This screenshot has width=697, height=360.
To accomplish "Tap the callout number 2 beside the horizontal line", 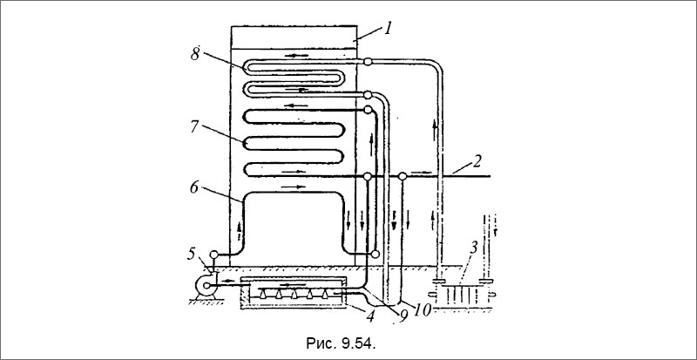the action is tap(476, 161).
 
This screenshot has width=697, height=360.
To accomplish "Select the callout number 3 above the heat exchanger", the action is tap(475, 248).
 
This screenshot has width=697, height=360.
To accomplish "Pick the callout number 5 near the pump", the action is tap(191, 254).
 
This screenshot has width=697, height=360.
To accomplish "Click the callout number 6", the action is tap(194, 188).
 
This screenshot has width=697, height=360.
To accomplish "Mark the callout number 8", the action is tap(194, 54).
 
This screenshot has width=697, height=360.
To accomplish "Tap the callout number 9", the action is tap(403, 315).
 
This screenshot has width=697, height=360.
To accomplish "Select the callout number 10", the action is tap(423, 310).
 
